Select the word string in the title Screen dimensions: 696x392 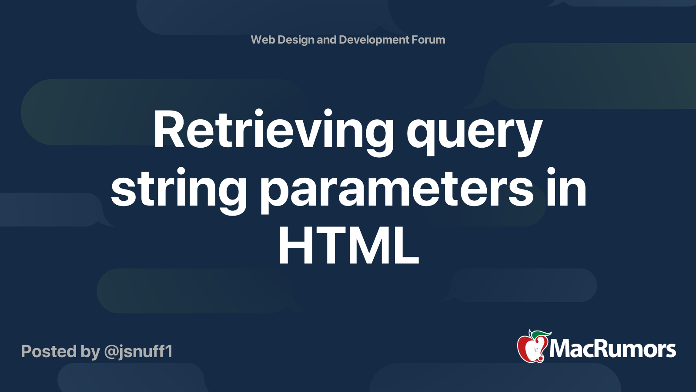pyautogui.click(x=179, y=191)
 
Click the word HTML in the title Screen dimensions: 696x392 pyautogui.click(x=349, y=246)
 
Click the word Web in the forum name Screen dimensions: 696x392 pyautogui.click(x=263, y=40)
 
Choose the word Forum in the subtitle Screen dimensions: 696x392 pyautogui.click(x=428, y=40)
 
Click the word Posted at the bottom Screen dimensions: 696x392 pyautogui.click(x=49, y=351)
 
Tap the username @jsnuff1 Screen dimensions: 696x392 pyautogui.click(x=139, y=352)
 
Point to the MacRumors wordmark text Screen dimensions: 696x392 pyautogui.click(x=612, y=349)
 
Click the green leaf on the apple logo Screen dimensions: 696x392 pyautogui.click(x=540, y=334)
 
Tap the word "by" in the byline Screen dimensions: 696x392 pyautogui.click(x=90, y=352)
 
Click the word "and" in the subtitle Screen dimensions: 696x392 pyautogui.click(x=326, y=40)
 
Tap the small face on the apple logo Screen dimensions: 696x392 pyautogui.click(x=535, y=351)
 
